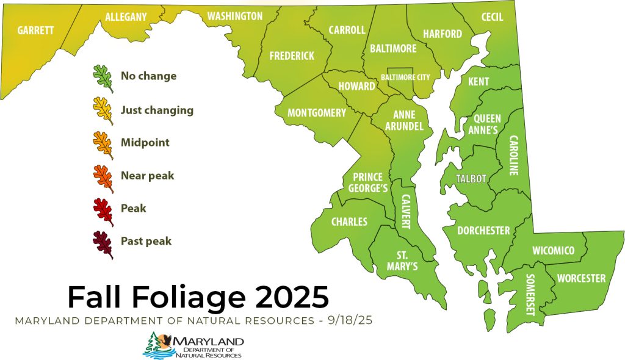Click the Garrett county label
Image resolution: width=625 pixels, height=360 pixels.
(x=35, y=30)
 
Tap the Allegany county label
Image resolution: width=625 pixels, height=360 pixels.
(x=126, y=17)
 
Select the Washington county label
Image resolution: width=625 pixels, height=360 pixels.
(x=235, y=16)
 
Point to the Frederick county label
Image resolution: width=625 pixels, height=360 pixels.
(x=292, y=56)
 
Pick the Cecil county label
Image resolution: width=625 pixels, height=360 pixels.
(x=492, y=17)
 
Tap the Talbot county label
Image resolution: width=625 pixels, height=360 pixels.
(x=471, y=179)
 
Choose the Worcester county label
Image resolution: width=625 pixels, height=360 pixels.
(x=581, y=278)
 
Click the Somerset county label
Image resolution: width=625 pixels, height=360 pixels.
(x=530, y=294)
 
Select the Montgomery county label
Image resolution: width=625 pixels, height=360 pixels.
(x=317, y=113)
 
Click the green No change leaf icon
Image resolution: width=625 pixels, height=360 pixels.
(x=103, y=79)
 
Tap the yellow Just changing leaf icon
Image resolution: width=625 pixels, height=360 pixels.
(x=103, y=112)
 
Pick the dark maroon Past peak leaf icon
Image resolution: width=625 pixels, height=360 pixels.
(x=103, y=243)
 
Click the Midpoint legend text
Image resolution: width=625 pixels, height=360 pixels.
(x=145, y=143)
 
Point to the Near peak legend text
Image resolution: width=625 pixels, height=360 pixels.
(x=147, y=176)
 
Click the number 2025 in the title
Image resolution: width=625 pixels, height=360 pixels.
(x=291, y=297)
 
